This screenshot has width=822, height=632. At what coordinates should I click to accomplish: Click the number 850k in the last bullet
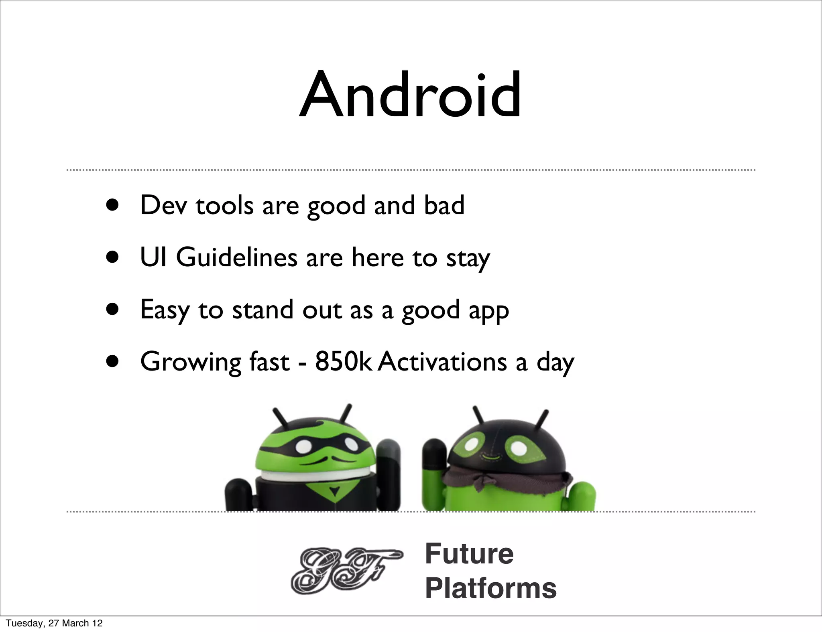click(343, 361)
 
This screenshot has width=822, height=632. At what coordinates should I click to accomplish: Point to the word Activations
click(442, 361)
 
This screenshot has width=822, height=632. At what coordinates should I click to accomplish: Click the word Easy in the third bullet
click(165, 310)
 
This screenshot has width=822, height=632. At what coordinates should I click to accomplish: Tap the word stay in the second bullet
click(468, 258)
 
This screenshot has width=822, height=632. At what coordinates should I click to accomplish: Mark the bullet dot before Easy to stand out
click(113, 310)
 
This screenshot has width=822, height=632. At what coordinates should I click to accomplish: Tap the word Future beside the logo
click(469, 554)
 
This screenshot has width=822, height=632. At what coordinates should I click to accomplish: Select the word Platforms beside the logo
click(490, 588)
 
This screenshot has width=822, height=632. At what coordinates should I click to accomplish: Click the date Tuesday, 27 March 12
click(54, 623)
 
